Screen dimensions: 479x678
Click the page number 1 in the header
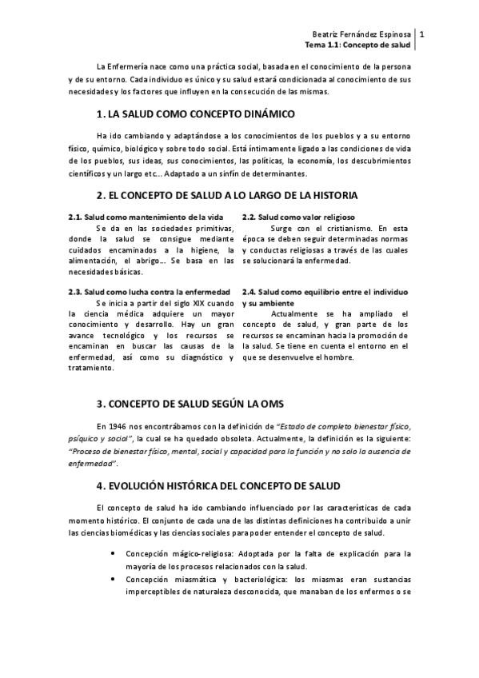point(421,34)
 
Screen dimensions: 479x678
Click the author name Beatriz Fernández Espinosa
point(361,34)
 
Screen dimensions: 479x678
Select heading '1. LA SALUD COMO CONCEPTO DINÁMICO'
point(184,114)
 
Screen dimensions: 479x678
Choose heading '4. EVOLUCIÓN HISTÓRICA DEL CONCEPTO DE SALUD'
point(217,485)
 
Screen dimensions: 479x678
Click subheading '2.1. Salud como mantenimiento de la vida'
point(145,217)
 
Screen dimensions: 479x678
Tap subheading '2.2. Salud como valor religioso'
point(298,217)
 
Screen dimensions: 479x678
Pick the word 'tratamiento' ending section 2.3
point(93,367)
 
